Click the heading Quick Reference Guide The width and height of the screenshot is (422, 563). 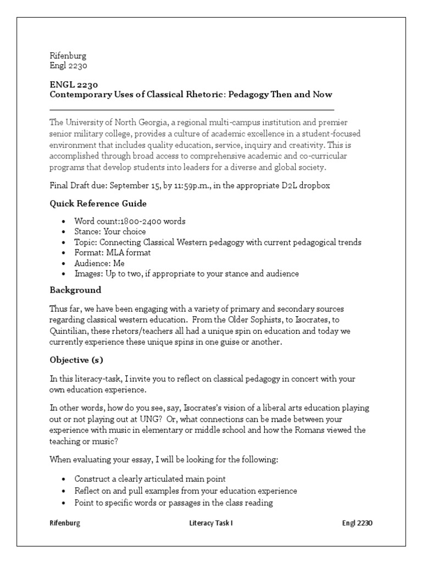(x=98, y=203)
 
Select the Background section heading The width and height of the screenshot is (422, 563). (x=75, y=289)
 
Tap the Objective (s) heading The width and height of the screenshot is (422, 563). (x=76, y=360)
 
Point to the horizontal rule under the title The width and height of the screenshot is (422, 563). (x=191, y=109)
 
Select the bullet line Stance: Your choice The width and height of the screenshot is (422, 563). (x=110, y=231)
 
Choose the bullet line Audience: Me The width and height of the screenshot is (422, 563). (x=99, y=263)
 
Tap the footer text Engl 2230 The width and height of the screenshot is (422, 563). (x=357, y=523)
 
